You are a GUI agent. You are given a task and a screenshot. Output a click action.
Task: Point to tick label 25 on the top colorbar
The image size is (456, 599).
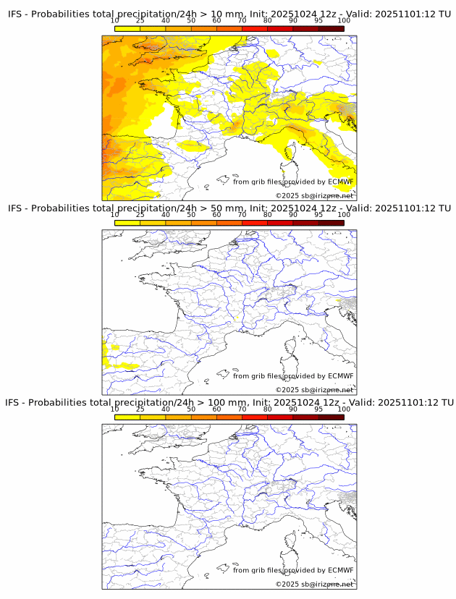(x=140, y=21)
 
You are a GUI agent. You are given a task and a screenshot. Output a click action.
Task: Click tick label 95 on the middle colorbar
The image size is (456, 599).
(x=318, y=215)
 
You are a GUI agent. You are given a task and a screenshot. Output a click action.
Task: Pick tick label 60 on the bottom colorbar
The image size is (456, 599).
(x=216, y=409)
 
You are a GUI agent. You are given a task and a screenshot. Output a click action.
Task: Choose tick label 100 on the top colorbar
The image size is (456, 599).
(x=344, y=21)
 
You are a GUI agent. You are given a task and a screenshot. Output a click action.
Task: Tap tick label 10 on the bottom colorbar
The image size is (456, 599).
(x=115, y=409)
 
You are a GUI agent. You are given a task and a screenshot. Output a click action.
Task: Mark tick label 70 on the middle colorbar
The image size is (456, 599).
(x=242, y=215)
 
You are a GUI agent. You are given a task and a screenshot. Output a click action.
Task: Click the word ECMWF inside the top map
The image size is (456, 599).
(x=340, y=182)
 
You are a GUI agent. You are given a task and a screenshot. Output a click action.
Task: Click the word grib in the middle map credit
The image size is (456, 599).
(x=259, y=375)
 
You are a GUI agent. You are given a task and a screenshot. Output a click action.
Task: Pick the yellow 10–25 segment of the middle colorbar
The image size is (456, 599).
(x=127, y=223)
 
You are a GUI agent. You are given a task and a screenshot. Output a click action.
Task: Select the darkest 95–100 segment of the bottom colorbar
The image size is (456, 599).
(x=331, y=417)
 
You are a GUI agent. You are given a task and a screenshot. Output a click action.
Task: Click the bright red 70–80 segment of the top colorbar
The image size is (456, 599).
(x=254, y=29)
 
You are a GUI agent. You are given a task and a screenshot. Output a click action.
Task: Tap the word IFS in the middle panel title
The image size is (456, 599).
(x=16, y=208)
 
